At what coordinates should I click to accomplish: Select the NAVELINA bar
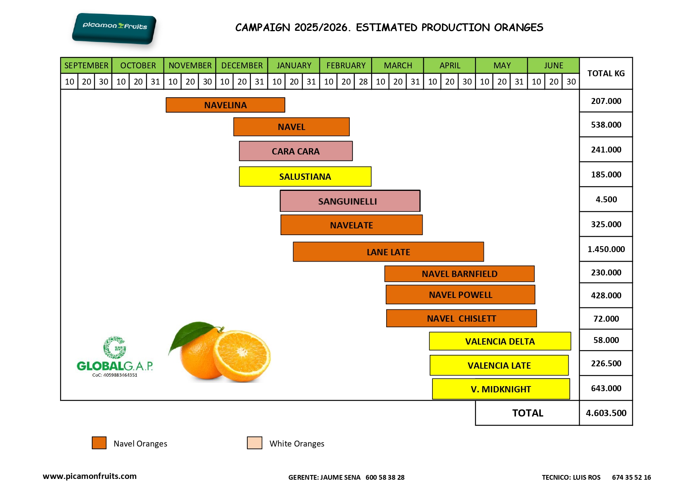(225, 105)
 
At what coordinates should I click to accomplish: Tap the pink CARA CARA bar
(296, 151)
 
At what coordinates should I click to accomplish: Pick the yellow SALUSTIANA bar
(305, 177)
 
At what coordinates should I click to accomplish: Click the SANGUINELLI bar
(350, 201)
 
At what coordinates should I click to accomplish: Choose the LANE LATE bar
(388, 252)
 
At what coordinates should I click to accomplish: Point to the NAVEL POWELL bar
(460, 295)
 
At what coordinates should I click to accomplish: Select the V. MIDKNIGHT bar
(501, 389)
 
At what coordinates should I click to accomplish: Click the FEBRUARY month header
(346, 66)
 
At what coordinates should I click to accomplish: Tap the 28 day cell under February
(363, 82)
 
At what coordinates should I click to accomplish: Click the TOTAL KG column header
(606, 73)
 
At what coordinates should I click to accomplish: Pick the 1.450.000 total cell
(606, 249)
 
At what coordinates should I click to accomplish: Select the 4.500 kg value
(606, 200)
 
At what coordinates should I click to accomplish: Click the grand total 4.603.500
(606, 413)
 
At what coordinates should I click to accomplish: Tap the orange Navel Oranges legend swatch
(99, 443)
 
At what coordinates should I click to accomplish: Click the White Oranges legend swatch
(254, 443)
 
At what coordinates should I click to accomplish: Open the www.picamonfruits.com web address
(90, 476)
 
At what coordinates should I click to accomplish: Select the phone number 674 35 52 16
(631, 477)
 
